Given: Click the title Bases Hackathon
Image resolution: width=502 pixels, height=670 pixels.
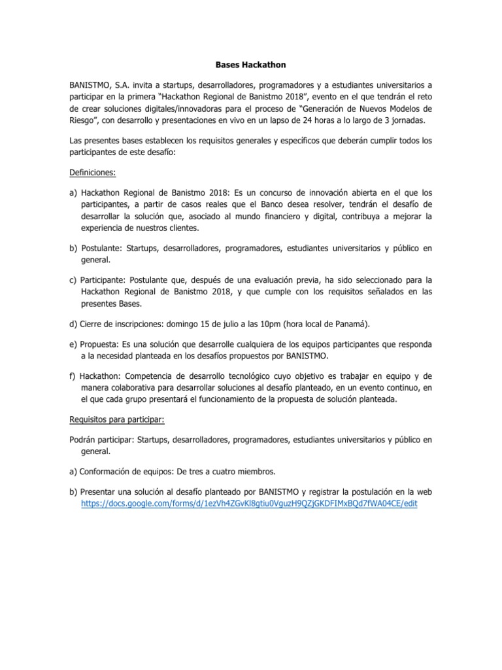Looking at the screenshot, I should [251, 65].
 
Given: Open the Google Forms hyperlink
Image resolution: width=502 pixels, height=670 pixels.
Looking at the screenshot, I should [248, 504].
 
